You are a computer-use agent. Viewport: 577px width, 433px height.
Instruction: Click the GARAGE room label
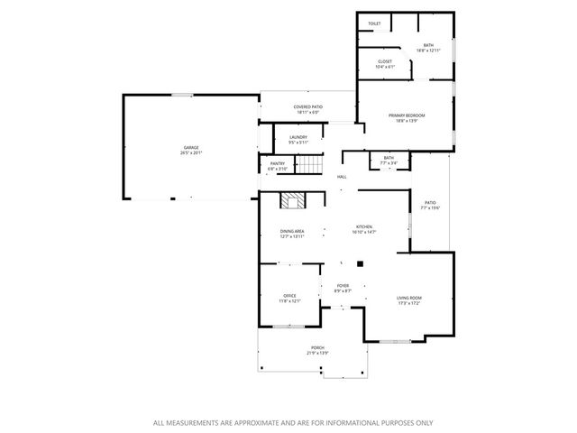tap(192, 147)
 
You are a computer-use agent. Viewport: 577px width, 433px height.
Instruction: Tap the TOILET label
tap(374, 23)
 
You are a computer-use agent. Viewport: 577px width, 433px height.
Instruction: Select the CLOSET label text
tap(385, 61)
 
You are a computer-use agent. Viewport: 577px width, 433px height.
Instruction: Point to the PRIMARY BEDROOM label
tap(407, 115)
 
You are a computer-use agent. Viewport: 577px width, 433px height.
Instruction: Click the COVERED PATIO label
tap(307, 107)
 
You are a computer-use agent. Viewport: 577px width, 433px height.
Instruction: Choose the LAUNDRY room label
tap(298, 137)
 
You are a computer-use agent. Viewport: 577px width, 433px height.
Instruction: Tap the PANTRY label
tap(278, 162)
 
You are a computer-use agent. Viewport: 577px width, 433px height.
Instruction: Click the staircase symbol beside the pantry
tap(309, 165)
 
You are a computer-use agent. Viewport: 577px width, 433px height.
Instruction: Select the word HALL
tap(342, 177)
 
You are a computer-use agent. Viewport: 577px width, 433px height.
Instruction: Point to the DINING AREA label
tap(293, 231)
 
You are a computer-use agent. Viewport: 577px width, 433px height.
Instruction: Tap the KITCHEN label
tap(363, 226)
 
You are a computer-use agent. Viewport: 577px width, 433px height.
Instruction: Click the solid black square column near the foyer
tap(360, 264)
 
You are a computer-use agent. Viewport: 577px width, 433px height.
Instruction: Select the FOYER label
tap(343, 286)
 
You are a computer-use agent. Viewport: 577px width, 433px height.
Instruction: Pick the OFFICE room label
tap(289, 295)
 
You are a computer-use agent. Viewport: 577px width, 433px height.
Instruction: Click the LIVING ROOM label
tap(409, 298)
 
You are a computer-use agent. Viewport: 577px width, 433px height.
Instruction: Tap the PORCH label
tap(317, 347)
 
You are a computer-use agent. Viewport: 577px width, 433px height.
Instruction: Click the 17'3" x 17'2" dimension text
tap(409, 303)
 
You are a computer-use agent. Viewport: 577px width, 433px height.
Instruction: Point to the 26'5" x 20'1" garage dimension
tap(192, 152)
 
